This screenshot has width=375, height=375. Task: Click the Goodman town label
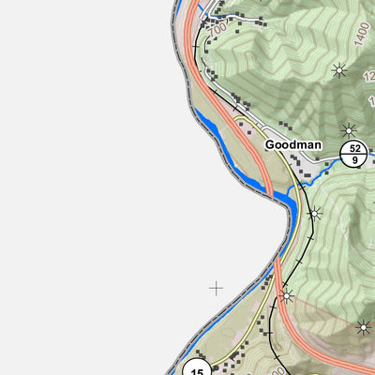(292, 145)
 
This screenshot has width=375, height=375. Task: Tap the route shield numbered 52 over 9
(352, 154)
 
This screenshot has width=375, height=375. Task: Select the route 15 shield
(197, 367)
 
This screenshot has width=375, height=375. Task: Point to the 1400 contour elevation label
(363, 36)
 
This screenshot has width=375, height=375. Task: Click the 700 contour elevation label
(217, 30)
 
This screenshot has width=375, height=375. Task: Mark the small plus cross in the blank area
(216, 288)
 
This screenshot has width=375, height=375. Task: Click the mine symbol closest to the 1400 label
(339, 68)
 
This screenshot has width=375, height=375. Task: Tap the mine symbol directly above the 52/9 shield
(350, 129)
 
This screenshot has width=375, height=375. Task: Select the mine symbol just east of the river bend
(315, 214)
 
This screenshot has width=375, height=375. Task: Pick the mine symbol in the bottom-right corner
(363, 327)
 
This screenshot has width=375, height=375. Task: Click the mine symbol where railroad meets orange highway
(286, 296)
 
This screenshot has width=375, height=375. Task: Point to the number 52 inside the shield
(352, 148)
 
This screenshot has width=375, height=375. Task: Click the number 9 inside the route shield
(352, 159)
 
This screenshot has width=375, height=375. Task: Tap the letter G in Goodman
(270, 145)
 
